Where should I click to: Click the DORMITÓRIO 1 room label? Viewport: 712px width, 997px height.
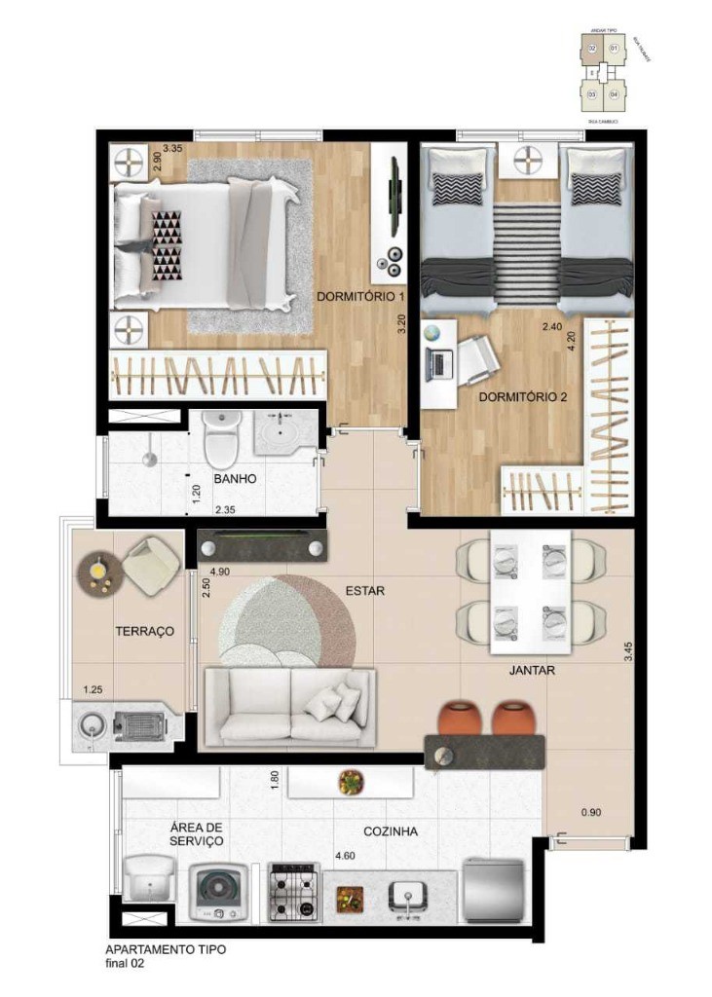pos(359,295)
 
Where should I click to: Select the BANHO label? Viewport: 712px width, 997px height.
pos(235,479)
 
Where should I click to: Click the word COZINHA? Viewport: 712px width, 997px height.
pos(391,831)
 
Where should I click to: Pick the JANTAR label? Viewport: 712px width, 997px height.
pos(532,671)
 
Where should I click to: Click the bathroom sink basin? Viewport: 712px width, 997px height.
pos(284,429)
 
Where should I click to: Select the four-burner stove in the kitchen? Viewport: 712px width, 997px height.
pos(294,892)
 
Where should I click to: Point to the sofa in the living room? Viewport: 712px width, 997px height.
pos(288,706)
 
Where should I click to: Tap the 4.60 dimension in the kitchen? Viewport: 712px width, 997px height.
pos(345,855)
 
